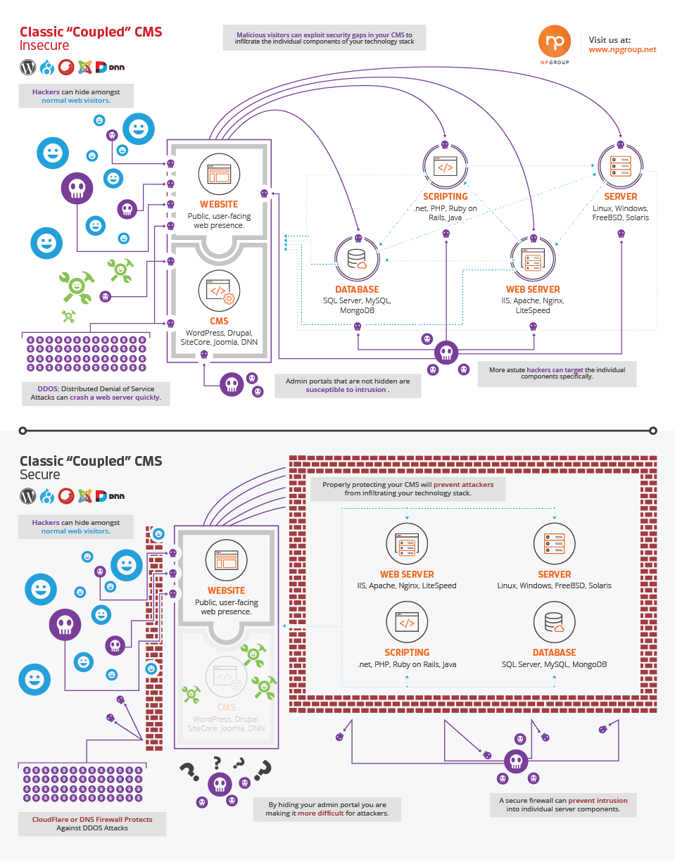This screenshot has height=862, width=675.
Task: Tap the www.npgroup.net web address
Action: pyautogui.click(x=622, y=50)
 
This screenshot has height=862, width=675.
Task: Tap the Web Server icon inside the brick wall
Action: pyautogui.click(x=407, y=544)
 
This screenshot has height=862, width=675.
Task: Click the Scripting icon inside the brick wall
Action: pyautogui.click(x=407, y=622)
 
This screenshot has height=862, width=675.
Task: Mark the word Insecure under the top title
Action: pyautogui.click(x=44, y=46)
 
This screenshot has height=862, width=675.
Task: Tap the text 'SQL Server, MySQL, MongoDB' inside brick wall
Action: pyautogui.click(x=554, y=665)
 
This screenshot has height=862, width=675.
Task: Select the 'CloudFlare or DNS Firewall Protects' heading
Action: pyautogui.click(x=92, y=819)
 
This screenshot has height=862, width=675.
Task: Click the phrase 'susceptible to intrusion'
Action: pyautogui.click(x=346, y=389)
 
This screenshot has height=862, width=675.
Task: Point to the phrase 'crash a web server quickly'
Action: pyautogui.click(x=115, y=397)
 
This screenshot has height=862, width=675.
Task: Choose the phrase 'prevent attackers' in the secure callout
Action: pyautogui.click(x=463, y=484)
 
